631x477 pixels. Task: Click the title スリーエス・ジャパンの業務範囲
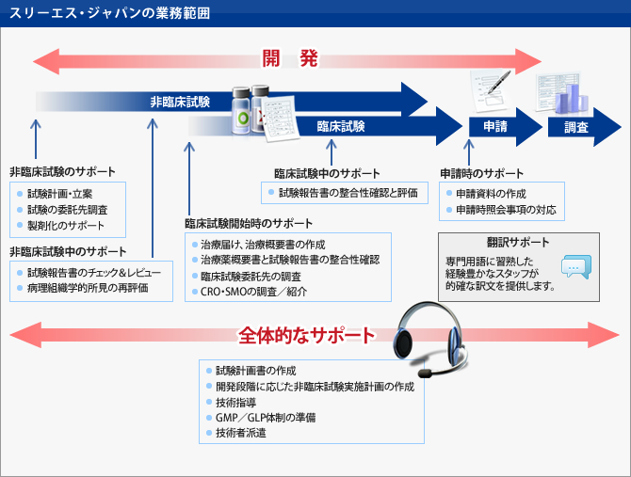[110, 13]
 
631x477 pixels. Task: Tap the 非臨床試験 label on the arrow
[180, 101]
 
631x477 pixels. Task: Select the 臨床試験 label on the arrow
[340, 125]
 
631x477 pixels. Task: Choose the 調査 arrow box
[576, 127]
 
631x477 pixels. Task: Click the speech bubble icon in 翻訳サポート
[575, 267]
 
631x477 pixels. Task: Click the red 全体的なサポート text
[306, 334]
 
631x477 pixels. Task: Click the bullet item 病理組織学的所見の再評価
[88, 287]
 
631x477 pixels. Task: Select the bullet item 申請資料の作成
[491, 193]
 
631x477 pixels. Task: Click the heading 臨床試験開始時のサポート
[249, 225]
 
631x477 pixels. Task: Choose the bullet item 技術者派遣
[243, 434]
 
